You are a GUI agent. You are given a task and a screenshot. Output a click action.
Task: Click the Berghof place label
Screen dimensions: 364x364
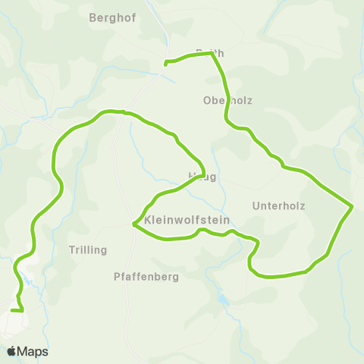(112, 18)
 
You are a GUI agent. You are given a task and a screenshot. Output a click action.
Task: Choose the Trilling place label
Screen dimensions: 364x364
(88, 249)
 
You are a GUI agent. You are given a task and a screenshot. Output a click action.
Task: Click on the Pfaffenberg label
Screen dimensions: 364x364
(146, 277)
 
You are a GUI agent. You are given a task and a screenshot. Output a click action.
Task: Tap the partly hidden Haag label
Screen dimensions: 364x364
(202, 177)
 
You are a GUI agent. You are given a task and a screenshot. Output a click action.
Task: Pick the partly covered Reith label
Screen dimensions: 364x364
(210, 53)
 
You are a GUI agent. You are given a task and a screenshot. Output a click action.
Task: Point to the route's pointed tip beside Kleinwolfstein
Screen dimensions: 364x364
(133, 225)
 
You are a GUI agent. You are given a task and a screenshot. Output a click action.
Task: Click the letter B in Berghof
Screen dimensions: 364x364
(93, 18)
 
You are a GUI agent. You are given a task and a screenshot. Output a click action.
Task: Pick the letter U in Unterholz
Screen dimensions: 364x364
(255, 206)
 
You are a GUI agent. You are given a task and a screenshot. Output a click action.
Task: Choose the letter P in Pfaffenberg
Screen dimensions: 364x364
(116, 277)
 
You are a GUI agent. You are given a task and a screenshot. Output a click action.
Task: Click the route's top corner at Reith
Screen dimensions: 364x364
(212, 54)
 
